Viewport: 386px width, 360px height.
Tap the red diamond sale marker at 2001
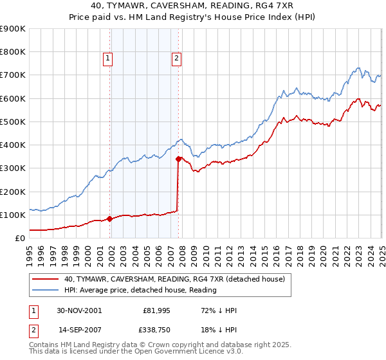click(x=110, y=219)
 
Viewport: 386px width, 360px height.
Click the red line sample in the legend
click(x=45, y=278)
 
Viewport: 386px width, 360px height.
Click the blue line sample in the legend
click(x=45, y=290)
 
